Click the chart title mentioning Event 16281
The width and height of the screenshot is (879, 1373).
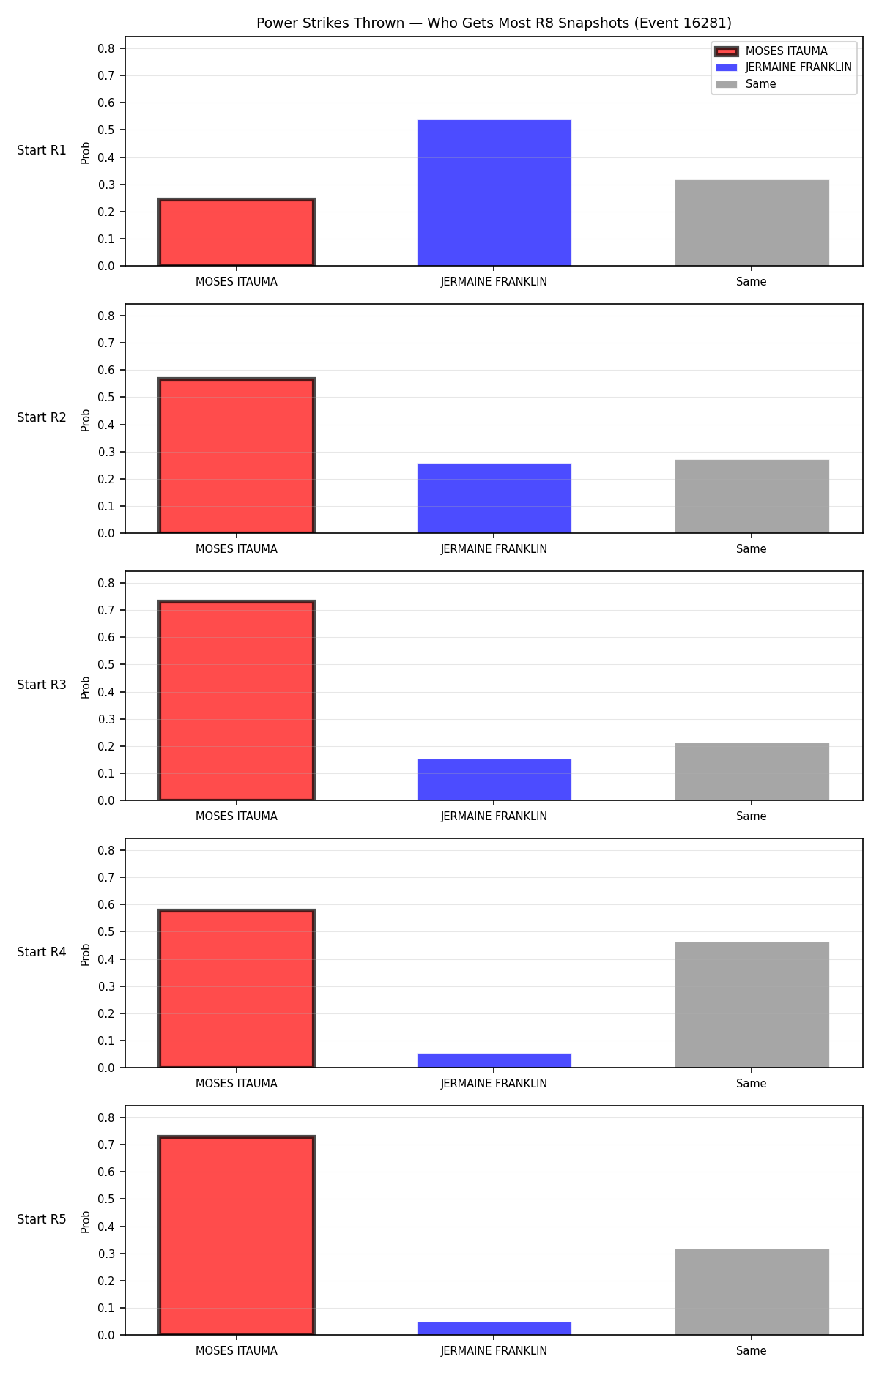(494, 23)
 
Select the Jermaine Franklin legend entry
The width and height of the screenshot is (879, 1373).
(784, 67)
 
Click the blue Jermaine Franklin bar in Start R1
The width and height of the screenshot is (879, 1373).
(494, 193)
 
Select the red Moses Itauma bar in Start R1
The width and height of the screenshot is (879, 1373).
(237, 232)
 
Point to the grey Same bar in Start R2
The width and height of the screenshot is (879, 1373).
(752, 496)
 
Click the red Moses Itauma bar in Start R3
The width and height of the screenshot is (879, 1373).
(237, 701)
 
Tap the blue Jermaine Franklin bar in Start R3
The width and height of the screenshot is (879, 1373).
(494, 780)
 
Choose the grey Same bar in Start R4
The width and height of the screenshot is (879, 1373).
(752, 1005)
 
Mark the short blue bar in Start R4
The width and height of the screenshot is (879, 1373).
(494, 1060)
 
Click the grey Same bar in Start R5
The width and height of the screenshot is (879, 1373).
(752, 1292)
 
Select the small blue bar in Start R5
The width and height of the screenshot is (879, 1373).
(494, 1328)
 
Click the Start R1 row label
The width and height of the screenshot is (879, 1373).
(42, 150)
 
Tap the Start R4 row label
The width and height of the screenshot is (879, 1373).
(42, 952)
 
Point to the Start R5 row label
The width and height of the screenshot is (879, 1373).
(42, 1219)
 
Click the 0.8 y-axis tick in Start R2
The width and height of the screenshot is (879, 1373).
(106, 316)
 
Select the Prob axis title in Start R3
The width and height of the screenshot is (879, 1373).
(86, 687)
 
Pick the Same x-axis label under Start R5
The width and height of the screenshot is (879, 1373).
(752, 1351)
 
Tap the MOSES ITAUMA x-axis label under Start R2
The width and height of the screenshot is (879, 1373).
(237, 549)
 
